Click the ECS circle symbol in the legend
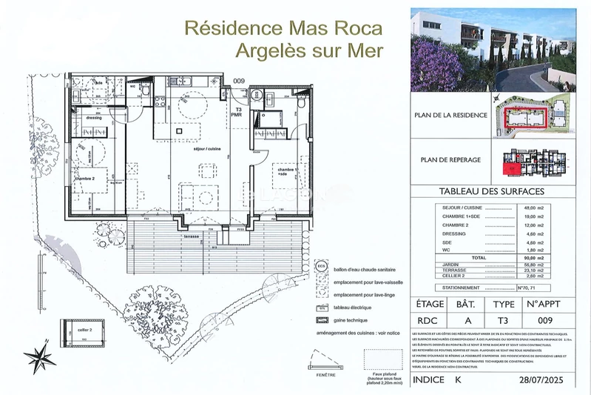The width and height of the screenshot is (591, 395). [320, 265]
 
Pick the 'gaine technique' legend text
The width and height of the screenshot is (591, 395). [355, 320]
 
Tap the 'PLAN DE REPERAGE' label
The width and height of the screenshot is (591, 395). [450, 159]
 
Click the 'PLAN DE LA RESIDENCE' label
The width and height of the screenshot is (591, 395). [448, 115]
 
